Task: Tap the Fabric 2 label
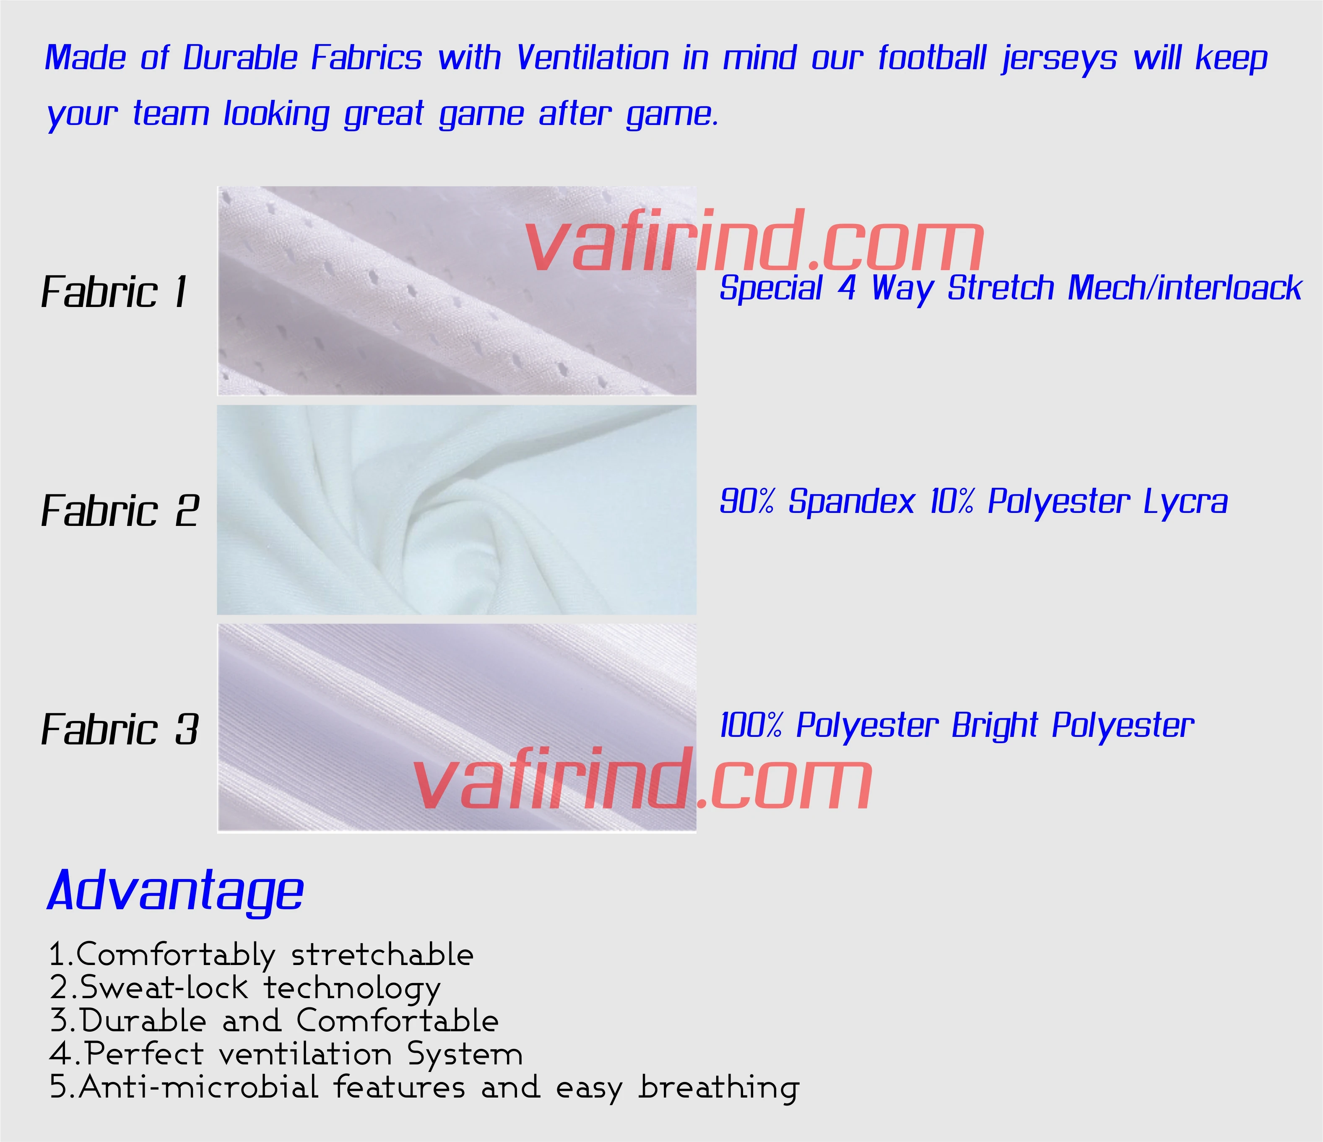tap(120, 511)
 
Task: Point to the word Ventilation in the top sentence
tap(593, 58)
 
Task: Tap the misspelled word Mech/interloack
tap(1185, 288)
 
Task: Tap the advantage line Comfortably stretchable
tap(262, 955)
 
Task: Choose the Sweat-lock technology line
tap(246, 988)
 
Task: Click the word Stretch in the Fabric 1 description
tap(1000, 288)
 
